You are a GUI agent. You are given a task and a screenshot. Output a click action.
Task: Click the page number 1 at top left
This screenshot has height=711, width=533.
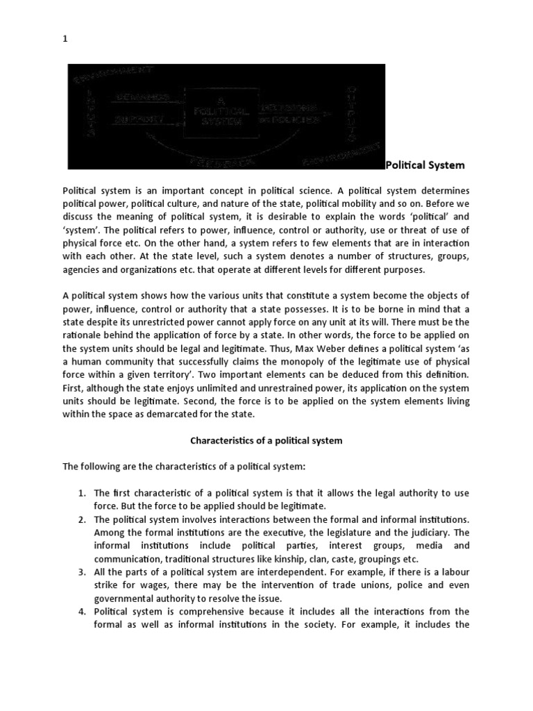click(x=65, y=39)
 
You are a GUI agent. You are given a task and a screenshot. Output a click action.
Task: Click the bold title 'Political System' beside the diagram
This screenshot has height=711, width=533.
click(x=425, y=165)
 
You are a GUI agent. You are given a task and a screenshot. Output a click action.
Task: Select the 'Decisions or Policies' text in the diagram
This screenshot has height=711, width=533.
click(x=290, y=115)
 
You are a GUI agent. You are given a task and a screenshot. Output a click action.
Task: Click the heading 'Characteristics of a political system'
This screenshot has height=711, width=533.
click(x=266, y=441)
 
